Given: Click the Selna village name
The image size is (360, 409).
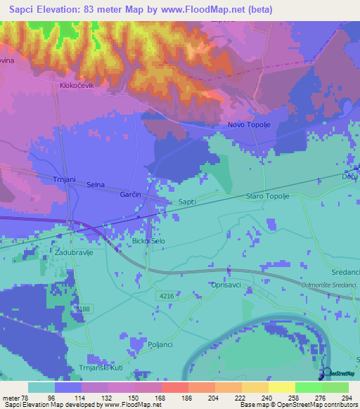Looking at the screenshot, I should click(96, 185).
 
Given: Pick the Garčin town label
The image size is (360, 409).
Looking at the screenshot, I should click(131, 193).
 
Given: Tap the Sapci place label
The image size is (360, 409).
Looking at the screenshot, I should click(186, 202).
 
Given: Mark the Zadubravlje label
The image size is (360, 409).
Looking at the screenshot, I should click(72, 250).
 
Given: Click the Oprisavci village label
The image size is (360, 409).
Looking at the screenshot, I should click(226, 285).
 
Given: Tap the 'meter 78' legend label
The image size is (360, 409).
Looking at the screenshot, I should click(14, 397).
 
